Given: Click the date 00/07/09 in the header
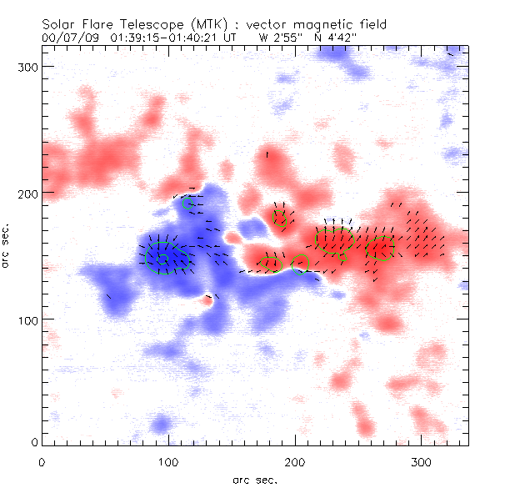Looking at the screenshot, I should pos(67,38).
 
